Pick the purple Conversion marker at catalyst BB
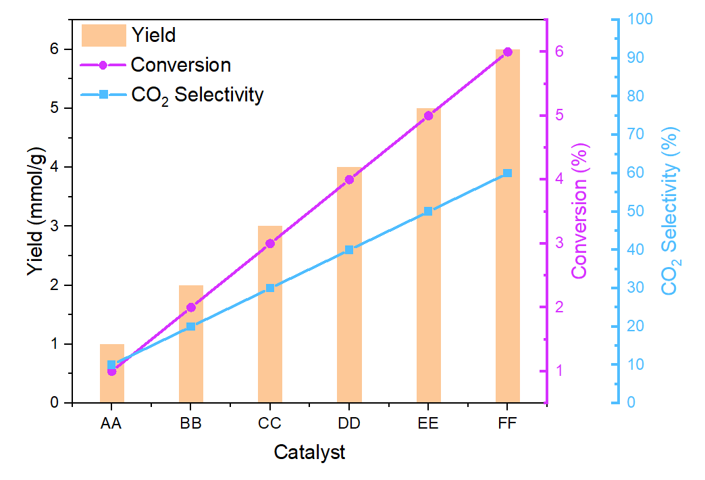tap(191, 307)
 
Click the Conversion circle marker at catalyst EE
tap(428, 116)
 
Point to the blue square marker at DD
tap(349, 249)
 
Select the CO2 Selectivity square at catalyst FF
tap(508, 173)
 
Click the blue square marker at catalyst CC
tap(270, 288)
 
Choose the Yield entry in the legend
tap(153, 34)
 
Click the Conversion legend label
tap(180, 65)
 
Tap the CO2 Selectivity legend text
tap(197, 95)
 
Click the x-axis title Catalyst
tap(309, 452)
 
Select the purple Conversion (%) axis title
tap(579, 210)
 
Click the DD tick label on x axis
tap(349, 424)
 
